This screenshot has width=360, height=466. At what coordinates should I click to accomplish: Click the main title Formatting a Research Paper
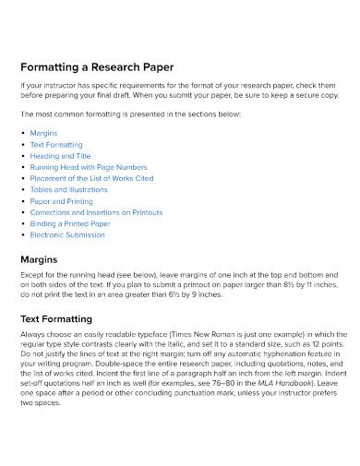point(97,67)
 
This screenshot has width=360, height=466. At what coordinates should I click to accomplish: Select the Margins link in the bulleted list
point(43,133)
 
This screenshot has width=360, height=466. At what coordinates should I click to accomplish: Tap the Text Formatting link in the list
point(56,146)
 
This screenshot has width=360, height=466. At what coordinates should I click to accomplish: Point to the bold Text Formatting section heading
point(60,318)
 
